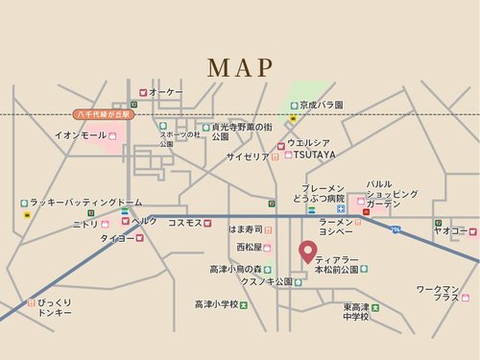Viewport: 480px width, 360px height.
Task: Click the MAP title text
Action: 240,67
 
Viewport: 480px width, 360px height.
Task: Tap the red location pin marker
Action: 308,252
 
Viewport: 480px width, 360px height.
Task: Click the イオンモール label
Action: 81,135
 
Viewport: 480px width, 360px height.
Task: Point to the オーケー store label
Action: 166,91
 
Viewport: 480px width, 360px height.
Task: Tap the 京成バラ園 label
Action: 321,105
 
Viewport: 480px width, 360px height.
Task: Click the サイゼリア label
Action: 248,156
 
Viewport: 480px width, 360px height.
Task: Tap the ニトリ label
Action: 85,224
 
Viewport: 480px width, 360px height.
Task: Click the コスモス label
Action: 184,223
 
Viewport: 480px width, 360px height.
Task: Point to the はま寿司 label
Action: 246,230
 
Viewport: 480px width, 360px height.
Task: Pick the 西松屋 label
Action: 249,247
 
